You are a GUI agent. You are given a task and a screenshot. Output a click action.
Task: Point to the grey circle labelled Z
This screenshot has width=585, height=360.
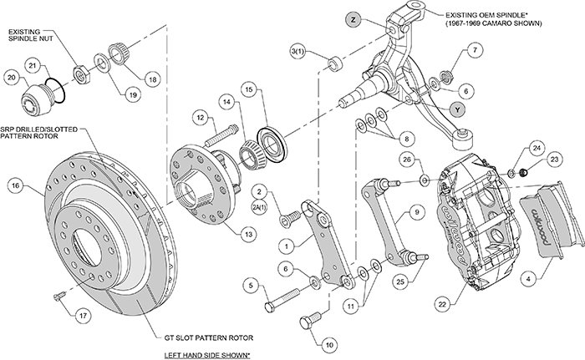pos(354,18)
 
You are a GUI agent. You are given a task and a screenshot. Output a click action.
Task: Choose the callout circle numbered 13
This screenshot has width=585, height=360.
pos(249,235)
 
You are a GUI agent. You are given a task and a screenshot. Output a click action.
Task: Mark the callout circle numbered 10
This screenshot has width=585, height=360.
pos(330,343)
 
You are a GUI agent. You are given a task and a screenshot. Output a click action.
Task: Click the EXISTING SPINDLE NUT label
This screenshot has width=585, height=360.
pos(31,36)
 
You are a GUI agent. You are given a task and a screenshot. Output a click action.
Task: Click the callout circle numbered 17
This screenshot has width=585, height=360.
pos(80,316)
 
